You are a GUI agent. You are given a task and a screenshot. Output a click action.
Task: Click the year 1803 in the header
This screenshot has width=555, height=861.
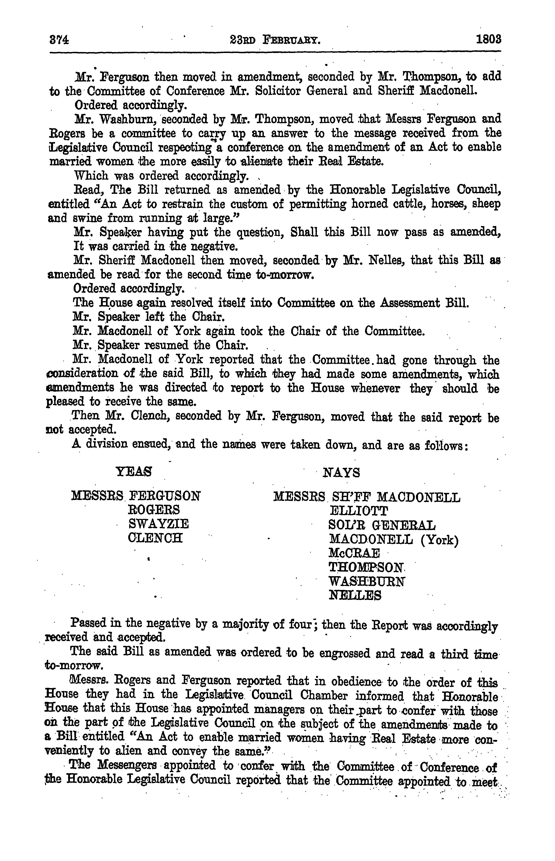[x=488, y=39]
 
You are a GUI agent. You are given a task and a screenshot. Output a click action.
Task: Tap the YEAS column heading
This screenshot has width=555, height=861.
[x=133, y=472]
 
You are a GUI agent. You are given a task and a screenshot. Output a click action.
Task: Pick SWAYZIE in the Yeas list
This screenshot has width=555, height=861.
[x=158, y=524]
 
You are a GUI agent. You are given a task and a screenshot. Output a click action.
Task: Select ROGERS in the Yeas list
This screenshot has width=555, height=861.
[x=154, y=510]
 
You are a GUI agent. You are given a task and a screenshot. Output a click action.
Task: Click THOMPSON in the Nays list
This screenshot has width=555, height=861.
[x=366, y=567]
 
